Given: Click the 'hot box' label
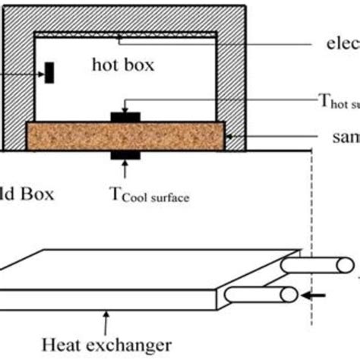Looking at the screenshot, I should pos(122,65).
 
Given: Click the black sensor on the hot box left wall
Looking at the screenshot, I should pos(49,74).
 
